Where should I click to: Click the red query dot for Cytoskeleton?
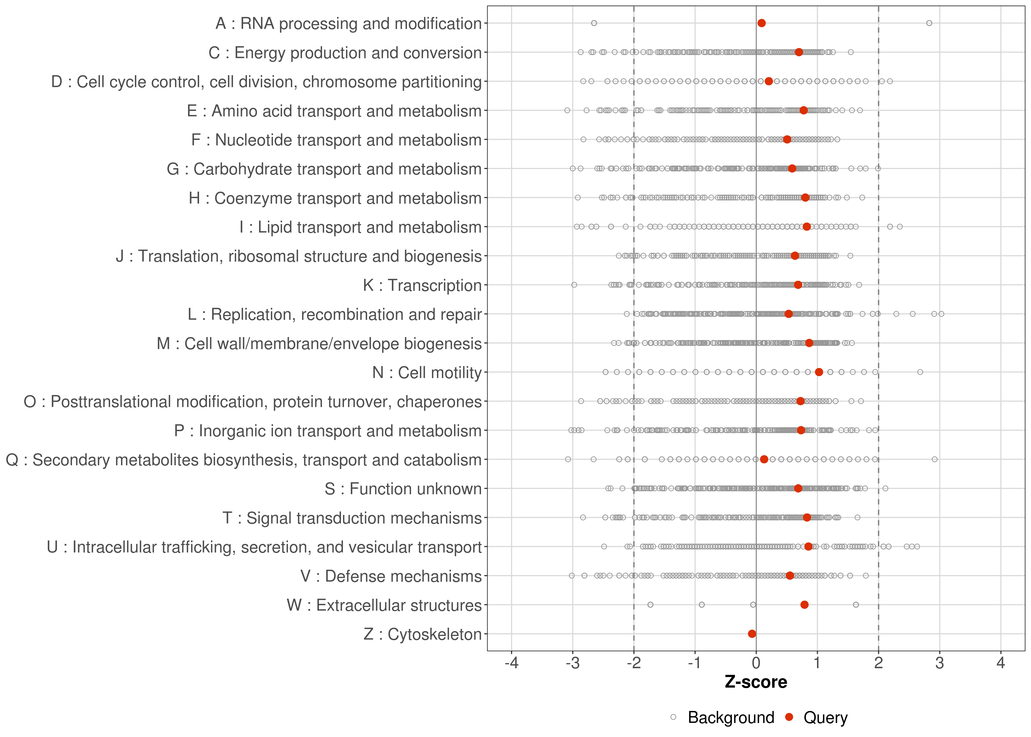[752, 634]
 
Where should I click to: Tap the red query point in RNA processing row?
[761, 23]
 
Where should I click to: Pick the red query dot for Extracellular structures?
[804, 605]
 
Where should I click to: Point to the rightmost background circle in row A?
[929, 23]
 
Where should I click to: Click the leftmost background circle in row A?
[594, 23]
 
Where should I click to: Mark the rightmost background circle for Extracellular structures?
[855, 605]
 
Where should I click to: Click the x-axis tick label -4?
[511, 663]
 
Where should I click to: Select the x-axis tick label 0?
[756, 663]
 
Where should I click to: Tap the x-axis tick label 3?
[939, 663]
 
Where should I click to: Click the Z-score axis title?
[756, 682]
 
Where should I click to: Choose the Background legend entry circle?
[673, 717]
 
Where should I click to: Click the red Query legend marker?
[789, 717]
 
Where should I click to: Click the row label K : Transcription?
[422, 285]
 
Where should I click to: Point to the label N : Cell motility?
[427, 373]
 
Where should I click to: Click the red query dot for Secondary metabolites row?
[764, 459]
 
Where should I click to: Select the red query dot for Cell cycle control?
[769, 81]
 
